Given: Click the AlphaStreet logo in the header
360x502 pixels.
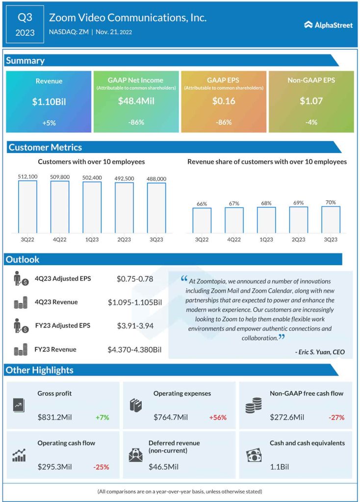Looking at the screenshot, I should click(328, 25).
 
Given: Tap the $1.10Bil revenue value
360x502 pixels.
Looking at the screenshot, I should click(49, 101).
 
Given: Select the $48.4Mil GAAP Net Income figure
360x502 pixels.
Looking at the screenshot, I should click(135, 101).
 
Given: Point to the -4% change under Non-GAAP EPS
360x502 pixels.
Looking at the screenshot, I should click(311, 123).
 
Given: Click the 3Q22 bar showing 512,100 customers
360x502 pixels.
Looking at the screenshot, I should click(27, 206).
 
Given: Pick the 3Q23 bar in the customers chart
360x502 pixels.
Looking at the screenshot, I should click(156, 207).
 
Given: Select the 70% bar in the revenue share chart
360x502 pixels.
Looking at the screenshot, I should click(331, 219).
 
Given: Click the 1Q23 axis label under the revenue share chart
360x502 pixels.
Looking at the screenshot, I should click(266, 240).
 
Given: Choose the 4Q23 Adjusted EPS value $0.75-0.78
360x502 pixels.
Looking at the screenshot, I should click(135, 279).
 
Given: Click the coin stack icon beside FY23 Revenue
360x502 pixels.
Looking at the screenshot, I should click(20, 350).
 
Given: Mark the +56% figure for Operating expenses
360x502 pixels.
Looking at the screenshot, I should click(217, 418).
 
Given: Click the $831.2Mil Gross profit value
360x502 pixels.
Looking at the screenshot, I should click(54, 418).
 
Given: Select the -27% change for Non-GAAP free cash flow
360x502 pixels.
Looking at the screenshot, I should click(336, 418).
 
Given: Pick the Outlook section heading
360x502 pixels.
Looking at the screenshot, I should click(23, 259).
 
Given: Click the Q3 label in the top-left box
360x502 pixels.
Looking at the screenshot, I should click(25, 18).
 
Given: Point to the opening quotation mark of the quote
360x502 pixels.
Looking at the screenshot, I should click(184, 279).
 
